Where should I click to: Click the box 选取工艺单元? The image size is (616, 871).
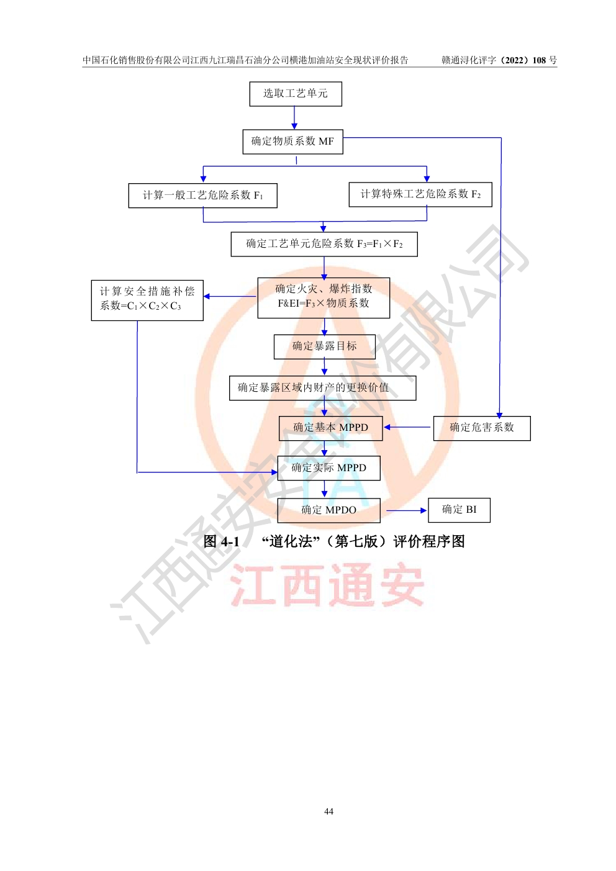[x=296, y=94]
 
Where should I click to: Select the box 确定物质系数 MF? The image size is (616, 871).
[x=293, y=142]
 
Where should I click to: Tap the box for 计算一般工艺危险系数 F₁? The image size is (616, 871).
[x=202, y=196]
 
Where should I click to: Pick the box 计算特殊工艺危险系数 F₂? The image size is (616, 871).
[x=420, y=194]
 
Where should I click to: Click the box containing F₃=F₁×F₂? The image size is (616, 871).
[x=324, y=244]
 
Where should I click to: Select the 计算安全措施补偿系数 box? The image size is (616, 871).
[x=147, y=300]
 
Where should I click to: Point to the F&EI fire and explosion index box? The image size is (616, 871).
[x=324, y=298]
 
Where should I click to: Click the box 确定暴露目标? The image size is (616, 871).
[x=325, y=346]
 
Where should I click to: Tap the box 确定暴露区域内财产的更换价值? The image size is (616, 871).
[x=323, y=387]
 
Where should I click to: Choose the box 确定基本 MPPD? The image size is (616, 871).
[x=330, y=428]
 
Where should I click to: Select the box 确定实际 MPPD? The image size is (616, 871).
[x=328, y=467]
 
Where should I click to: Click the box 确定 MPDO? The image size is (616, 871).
[x=328, y=510]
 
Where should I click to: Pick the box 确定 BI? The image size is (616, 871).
[x=459, y=510]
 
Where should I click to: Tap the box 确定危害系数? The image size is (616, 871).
[x=482, y=428]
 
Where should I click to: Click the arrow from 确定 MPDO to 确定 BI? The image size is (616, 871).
[x=406, y=510]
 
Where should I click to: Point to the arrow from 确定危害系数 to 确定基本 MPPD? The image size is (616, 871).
[x=407, y=427]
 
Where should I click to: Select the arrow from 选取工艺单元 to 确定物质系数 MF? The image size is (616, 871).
[x=294, y=118]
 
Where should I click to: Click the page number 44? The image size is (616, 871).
[x=328, y=811]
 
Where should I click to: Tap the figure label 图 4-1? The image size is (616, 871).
[x=221, y=541]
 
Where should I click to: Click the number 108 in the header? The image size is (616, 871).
[x=539, y=60]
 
